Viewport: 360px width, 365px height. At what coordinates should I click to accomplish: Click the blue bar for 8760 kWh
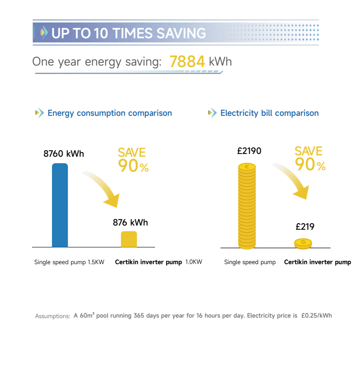coord(60,205)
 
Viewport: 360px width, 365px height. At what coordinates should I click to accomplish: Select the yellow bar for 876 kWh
coord(129,239)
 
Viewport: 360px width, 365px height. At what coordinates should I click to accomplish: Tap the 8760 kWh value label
coord(64,153)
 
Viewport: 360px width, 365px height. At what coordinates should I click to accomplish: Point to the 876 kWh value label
coord(130,223)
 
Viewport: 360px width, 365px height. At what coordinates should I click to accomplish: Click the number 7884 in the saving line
coord(187,61)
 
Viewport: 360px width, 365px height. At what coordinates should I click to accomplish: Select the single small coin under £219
coord(303,243)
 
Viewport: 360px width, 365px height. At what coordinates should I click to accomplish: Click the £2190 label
coord(249,151)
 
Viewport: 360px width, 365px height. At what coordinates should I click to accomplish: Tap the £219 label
coord(305,227)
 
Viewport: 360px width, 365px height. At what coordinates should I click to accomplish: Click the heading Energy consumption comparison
coord(110,113)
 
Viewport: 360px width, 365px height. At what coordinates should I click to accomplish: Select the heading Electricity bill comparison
coord(269,113)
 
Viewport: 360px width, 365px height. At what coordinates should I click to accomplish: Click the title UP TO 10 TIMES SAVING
coord(128,33)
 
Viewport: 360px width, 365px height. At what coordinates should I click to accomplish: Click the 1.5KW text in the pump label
coord(96,262)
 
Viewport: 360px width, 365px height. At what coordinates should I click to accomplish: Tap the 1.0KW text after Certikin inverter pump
coord(194,262)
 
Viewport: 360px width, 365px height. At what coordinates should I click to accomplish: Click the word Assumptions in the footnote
coord(52,316)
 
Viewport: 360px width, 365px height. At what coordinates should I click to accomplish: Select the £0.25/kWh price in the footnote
coord(316,316)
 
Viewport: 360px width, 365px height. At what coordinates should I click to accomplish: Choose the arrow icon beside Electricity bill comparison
coord(212,113)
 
